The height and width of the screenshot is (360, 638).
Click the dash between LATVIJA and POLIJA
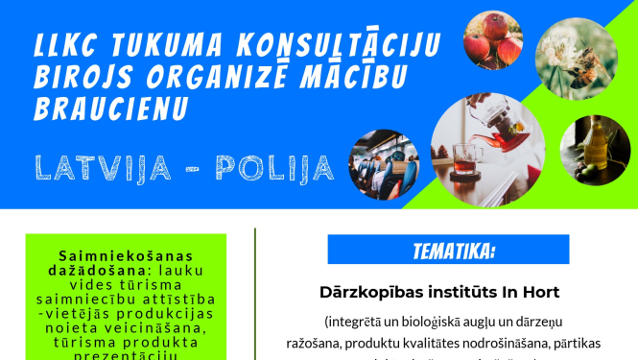point(190,169)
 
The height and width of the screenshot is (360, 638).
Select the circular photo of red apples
point(493,40)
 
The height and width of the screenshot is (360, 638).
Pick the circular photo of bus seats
point(383,165)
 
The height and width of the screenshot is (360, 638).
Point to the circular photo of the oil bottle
point(595,151)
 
